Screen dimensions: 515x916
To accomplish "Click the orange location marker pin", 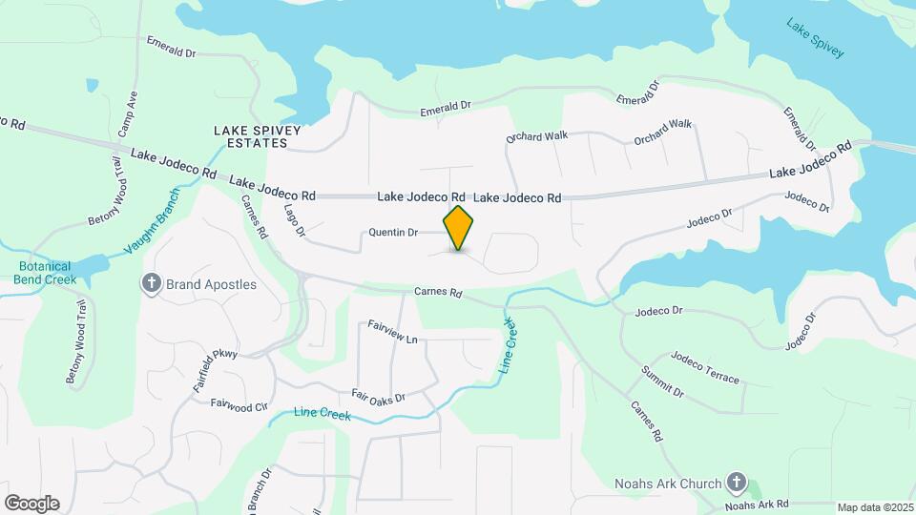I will tap(459, 228).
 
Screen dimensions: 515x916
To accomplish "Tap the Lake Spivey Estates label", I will tap(251, 136).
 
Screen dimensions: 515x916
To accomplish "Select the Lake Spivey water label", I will tap(816, 38).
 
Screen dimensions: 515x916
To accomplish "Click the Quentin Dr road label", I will tap(394, 232).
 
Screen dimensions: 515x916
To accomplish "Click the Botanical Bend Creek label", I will tap(46, 273).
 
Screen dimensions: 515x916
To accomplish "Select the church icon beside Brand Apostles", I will tap(151, 283).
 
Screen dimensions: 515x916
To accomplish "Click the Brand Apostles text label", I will tap(211, 284).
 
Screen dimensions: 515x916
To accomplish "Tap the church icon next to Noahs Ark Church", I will tap(736, 483).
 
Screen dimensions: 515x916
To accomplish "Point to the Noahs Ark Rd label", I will tap(758, 504).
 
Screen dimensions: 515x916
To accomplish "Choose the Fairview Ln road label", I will tap(392, 332).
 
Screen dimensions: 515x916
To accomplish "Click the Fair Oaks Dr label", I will tap(379, 397).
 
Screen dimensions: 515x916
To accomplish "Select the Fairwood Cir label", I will tap(239, 406).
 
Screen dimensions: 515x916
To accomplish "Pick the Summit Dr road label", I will tap(662, 381).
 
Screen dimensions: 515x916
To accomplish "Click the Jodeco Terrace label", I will tap(704, 367).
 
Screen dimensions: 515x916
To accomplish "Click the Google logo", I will tap(31, 504).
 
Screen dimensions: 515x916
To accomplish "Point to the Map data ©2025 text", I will tap(875, 507).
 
